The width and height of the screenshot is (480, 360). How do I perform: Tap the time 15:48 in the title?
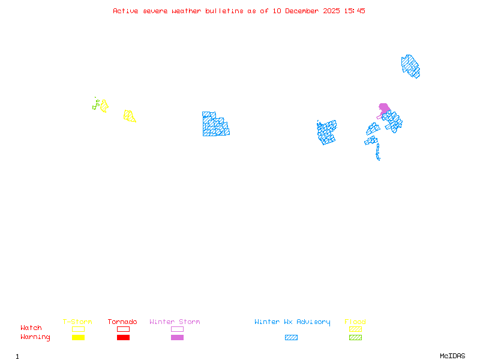coord(354,11)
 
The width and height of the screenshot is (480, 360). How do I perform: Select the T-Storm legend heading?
coord(77,322)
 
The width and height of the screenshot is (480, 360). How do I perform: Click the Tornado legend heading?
coord(122,322)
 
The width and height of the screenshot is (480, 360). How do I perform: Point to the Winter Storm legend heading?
coord(175,322)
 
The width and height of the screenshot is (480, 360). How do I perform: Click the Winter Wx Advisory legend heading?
coord(292,322)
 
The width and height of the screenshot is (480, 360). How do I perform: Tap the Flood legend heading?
coord(355,322)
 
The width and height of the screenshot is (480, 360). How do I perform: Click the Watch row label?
coord(31,328)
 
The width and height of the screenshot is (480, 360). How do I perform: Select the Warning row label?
coord(35,337)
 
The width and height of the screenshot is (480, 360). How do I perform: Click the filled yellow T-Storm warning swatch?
coord(78,338)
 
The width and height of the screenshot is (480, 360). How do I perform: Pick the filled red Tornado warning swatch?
coord(123,338)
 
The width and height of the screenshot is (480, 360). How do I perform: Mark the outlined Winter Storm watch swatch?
coord(177,329)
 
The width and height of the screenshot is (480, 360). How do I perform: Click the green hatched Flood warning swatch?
coord(355,338)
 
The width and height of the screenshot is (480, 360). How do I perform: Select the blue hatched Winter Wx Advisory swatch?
coord(291,338)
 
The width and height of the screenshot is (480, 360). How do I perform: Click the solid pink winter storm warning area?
coord(384,108)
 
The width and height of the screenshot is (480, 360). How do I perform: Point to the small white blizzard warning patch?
coord(380,159)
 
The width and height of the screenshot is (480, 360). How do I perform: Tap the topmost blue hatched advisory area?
coord(410,65)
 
